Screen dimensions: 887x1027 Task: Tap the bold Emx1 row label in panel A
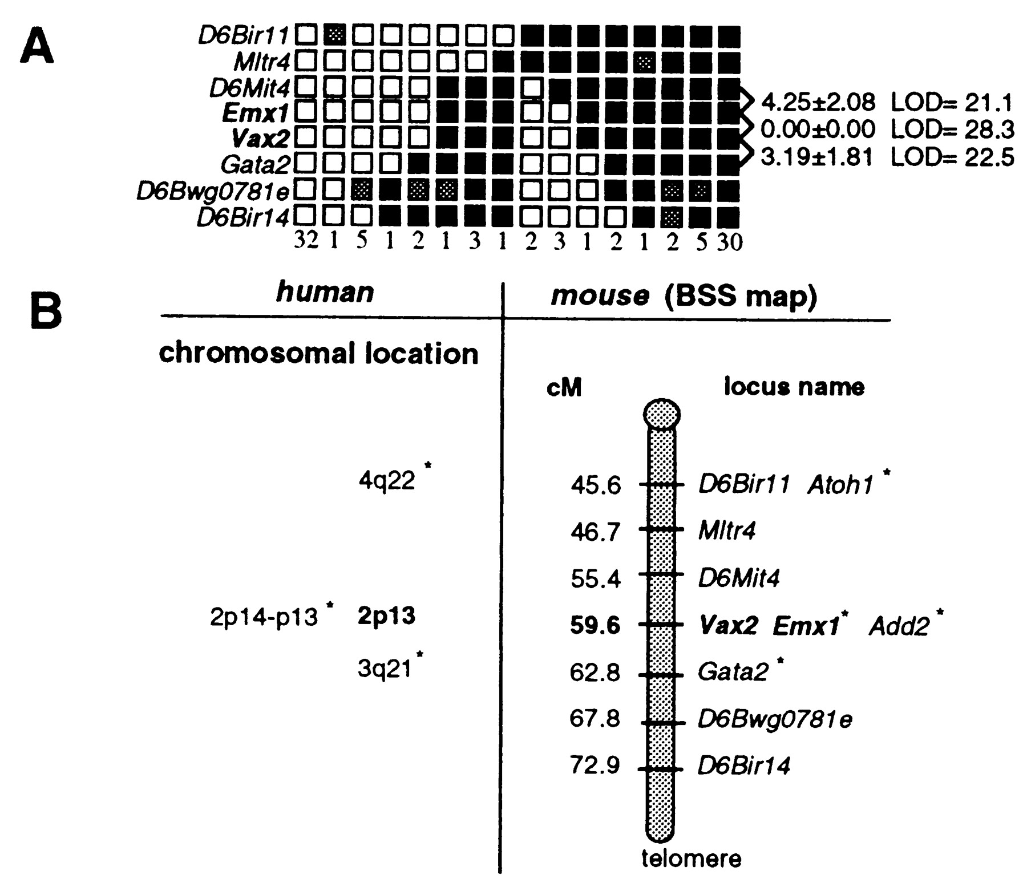coord(256,114)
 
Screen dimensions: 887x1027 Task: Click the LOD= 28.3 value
coord(952,131)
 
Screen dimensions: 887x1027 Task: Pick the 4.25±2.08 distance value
coord(818,103)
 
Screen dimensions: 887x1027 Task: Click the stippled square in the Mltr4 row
coord(644,62)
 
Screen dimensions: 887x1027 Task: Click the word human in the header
coord(325,293)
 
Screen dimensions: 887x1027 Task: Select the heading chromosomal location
coord(318,354)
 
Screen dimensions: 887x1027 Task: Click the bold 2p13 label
coord(386,616)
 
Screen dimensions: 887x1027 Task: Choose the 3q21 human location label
coord(385,669)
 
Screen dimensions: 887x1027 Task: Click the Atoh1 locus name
coord(840,485)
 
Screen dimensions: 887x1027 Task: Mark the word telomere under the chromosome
coord(691,858)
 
